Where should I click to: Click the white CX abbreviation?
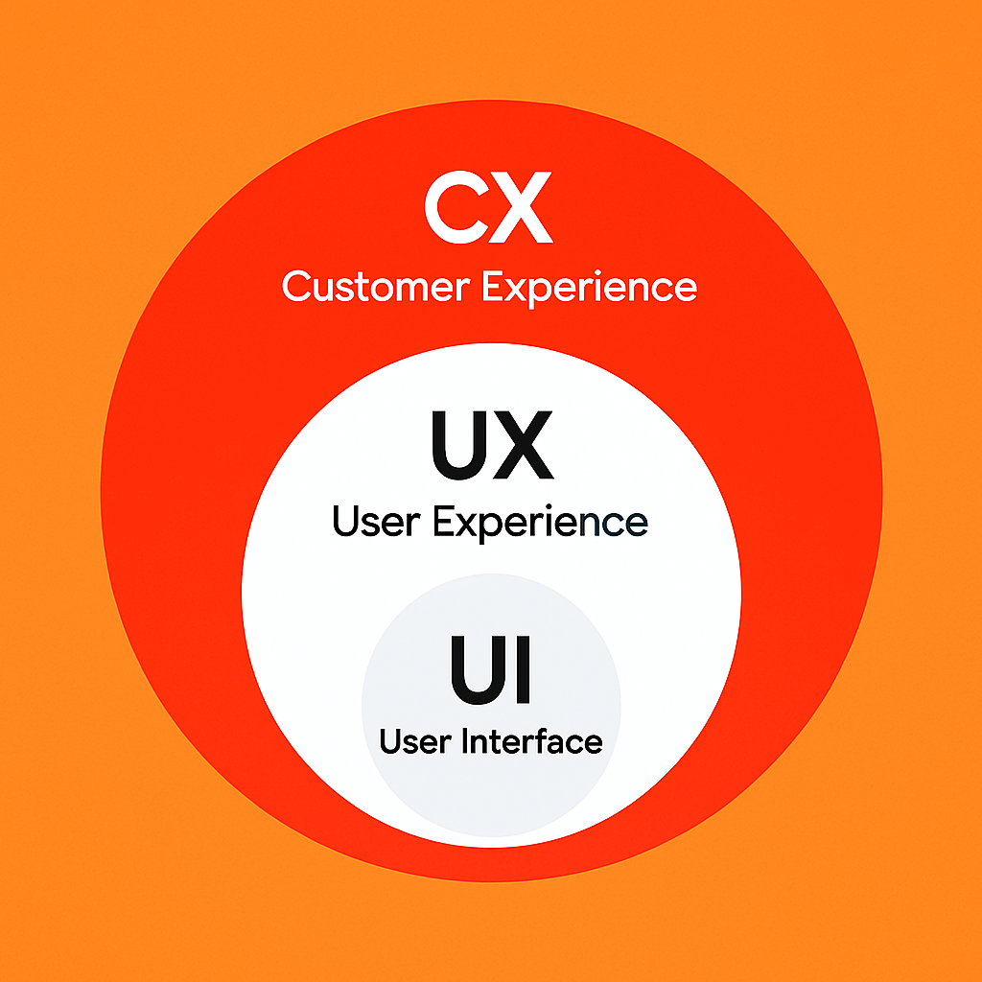coord(489,208)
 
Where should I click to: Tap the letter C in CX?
coord(455,208)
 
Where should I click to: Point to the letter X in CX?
coord(522,208)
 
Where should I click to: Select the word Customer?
coord(376,287)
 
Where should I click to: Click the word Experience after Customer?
coord(589,288)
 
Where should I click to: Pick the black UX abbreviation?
coord(492,445)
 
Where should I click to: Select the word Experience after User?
coord(540,524)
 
